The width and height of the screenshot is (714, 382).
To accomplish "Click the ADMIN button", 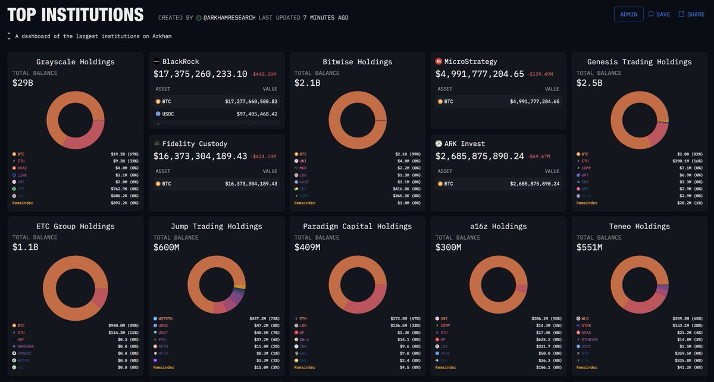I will point(628,14).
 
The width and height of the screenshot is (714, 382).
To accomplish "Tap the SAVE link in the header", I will point(659,14).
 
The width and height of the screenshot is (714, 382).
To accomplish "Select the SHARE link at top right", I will point(691,14).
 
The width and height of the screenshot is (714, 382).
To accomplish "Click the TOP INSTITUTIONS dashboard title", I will point(76,15).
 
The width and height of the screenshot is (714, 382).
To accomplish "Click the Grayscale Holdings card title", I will point(76,62).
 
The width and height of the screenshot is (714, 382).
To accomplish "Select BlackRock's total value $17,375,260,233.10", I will point(200,74).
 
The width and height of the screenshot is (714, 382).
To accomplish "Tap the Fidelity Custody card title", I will point(195,143).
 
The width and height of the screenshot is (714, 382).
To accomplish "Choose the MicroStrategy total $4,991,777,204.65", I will point(480,74).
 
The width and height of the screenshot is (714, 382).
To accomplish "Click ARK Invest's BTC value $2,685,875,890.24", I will point(534,184).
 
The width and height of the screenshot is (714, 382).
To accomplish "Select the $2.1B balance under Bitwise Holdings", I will point(307,83).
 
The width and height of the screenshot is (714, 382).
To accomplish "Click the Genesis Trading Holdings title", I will point(639,62).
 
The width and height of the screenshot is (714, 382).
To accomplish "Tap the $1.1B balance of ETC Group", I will point(25,248).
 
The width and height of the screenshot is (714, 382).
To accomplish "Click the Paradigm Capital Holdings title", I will point(357,226).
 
